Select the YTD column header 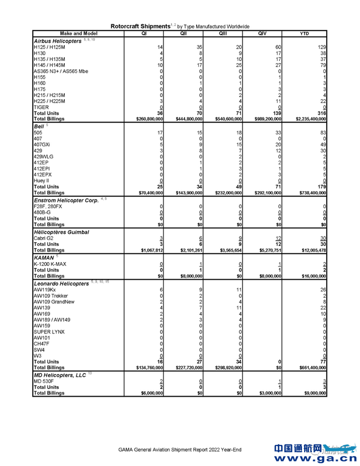[304, 33]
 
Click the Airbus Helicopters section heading [58, 40]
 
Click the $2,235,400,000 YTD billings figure [306, 119]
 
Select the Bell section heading [39, 126]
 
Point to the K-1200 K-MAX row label [49, 263]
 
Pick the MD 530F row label [44, 381]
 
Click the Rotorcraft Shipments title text [140, 26]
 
